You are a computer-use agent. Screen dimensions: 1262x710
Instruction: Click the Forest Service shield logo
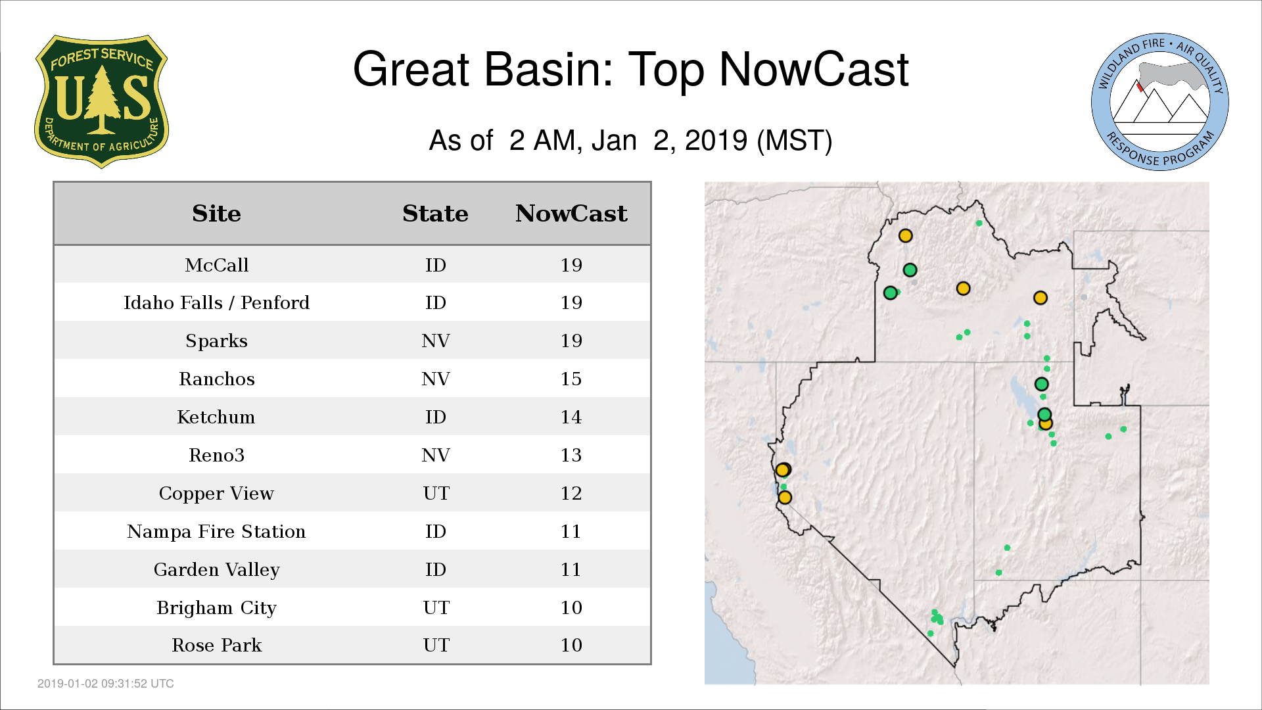point(101,101)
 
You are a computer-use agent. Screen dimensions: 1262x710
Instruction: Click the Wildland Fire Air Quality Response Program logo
point(1160,102)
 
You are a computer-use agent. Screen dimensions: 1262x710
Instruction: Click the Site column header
point(216,214)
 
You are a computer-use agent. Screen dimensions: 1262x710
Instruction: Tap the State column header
point(435,214)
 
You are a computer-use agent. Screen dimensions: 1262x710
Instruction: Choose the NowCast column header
point(571,214)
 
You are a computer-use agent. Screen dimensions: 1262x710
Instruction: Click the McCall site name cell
point(216,265)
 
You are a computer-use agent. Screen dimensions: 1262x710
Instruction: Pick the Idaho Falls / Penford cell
point(216,302)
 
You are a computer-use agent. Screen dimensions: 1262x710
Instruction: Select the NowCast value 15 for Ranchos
point(571,379)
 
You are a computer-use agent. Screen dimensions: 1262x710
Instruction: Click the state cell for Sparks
point(435,341)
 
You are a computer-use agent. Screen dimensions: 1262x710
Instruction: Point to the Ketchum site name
point(216,417)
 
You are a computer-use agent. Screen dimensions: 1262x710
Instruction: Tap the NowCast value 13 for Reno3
point(571,455)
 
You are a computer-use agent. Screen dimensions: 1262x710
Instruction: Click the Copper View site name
point(216,493)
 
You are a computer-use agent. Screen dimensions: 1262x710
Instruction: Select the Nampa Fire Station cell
point(216,531)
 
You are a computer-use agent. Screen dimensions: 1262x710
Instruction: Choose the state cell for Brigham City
point(436,607)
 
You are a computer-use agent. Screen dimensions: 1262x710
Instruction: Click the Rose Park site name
point(216,645)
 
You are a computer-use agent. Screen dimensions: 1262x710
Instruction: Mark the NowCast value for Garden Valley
point(571,569)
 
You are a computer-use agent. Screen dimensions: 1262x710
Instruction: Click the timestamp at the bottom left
point(106,684)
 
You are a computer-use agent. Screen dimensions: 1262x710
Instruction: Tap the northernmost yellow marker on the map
point(905,235)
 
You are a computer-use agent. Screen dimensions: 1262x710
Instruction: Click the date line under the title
point(631,141)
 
